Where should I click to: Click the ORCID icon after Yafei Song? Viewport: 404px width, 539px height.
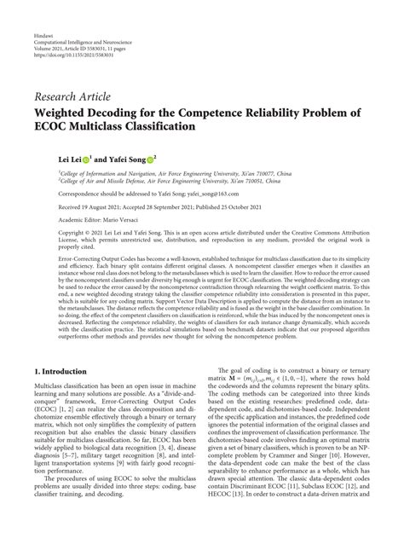150,159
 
